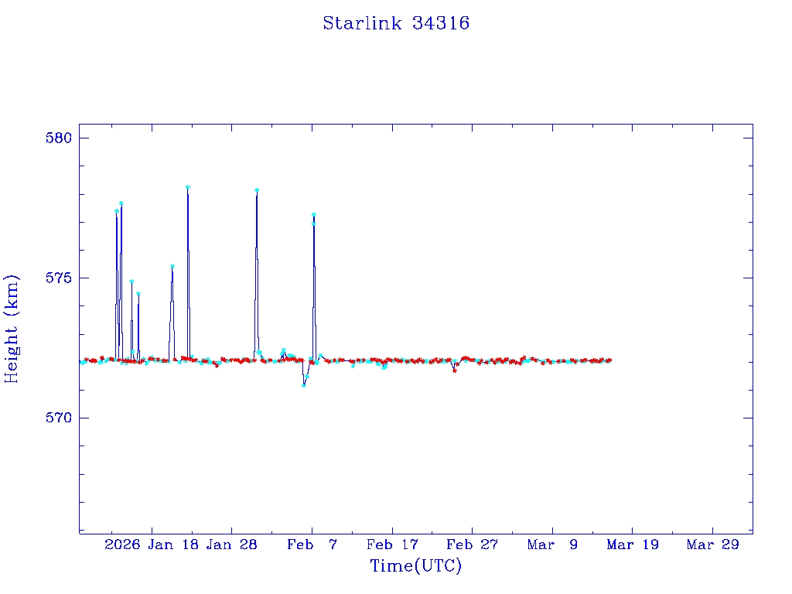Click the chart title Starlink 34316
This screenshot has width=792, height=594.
pyautogui.click(x=396, y=23)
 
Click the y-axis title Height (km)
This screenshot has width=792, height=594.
pyautogui.click(x=12, y=329)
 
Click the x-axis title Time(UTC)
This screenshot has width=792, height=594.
pyautogui.click(x=415, y=566)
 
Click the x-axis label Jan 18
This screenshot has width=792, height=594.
pyautogui.click(x=172, y=544)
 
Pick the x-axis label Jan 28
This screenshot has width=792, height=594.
pyautogui.click(x=231, y=544)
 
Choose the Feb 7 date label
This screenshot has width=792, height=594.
pyautogui.click(x=312, y=544)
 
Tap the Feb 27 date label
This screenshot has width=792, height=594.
pyautogui.click(x=472, y=544)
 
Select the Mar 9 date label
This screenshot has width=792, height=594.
pyautogui.click(x=552, y=544)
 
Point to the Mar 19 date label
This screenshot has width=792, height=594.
pyautogui.click(x=632, y=544)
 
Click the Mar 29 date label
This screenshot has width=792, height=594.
pyautogui.click(x=712, y=544)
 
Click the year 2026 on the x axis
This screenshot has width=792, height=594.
pyautogui.click(x=122, y=544)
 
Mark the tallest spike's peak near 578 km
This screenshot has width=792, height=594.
pyautogui.click(x=187, y=187)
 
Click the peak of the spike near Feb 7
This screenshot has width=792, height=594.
pyautogui.click(x=313, y=214)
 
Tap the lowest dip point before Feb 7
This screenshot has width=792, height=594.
pyautogui.click(x=304, y=385)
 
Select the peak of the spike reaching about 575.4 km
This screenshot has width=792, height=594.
pyautogui.click(x=172, y=266)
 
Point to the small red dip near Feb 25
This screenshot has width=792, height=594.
pyautogui.click(x=454, y=370)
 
